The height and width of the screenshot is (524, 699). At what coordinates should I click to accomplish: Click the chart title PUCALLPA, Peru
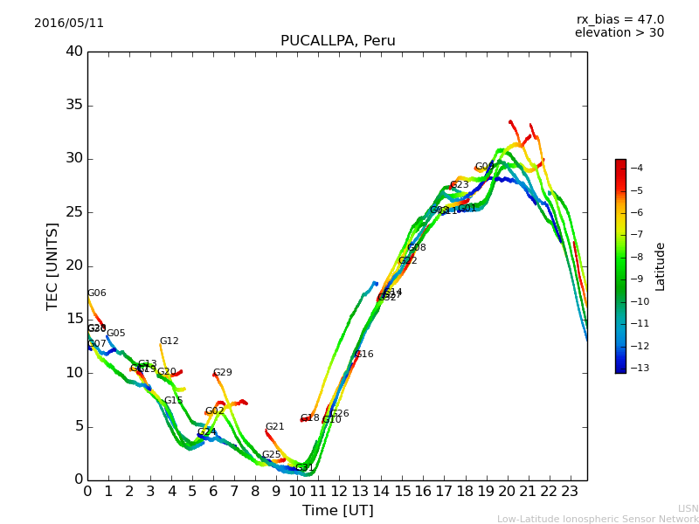click(x=337, y=41)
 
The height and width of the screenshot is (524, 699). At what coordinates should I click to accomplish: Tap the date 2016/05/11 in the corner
click(x=69, y=23)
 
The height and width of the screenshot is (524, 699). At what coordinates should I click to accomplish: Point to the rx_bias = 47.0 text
click(x=619, y=19)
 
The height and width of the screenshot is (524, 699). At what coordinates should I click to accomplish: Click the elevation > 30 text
click(x=619, y=33)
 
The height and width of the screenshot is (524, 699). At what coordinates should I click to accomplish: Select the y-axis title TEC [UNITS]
click(x=52, y=265)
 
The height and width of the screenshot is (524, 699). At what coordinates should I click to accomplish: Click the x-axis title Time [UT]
click(x=337, y=510)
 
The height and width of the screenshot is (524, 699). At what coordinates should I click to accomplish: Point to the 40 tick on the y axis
click(x=73, y=52)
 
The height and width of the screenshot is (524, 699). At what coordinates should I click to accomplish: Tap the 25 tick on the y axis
click(x=73, y=212)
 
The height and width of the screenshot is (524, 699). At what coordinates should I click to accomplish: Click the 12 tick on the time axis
click(x=339, y=492)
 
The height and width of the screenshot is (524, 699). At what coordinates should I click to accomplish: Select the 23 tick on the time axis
click(x=570, y=492)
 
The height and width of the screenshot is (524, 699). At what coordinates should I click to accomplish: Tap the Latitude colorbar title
click(x=661, y=266)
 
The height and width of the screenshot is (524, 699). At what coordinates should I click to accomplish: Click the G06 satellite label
click(x=96, y=293)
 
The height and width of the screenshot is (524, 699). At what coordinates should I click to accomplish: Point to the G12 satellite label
click(x=169, y=341)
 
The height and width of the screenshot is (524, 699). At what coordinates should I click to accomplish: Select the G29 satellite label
click(x=223, y=373)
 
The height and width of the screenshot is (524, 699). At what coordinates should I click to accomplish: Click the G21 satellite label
click(x=275, y=427)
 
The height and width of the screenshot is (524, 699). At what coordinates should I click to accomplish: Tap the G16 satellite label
click(x=364, y=355)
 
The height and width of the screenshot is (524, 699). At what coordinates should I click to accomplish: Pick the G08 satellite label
click(x=417, y=248)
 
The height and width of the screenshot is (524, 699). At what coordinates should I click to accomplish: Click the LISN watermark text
click(x=688, y=508)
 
